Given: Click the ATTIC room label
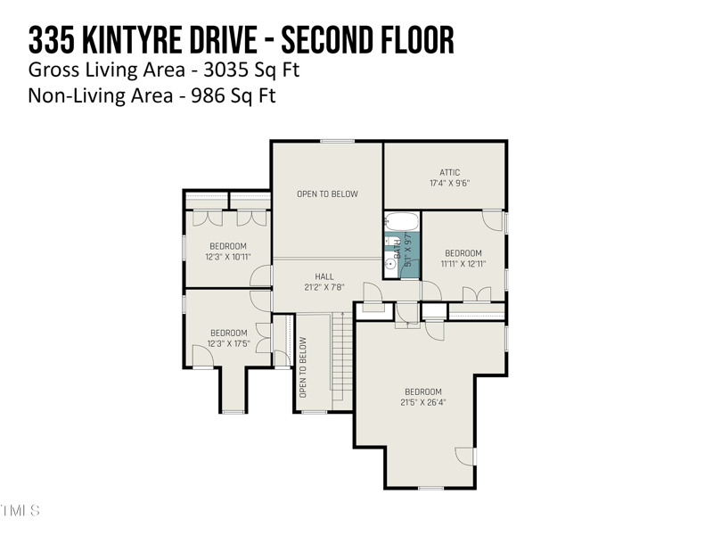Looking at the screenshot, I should click(449, 172).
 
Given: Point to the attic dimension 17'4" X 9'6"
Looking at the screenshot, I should click(449, 183).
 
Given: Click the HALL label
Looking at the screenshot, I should click(324, 276).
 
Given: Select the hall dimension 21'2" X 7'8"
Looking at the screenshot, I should click(324, 287).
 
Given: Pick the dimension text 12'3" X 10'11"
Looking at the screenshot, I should click(227, 257).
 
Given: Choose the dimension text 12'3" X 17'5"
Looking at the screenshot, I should click(227, 343).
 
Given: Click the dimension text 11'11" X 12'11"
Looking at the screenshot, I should click(463, 263).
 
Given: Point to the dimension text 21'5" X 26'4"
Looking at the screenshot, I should click(422, 402).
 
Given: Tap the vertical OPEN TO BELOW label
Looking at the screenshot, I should click(303, 366).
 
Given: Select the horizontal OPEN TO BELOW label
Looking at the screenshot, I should click(327, 193).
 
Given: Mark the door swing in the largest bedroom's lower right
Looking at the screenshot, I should click(465, 455).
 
